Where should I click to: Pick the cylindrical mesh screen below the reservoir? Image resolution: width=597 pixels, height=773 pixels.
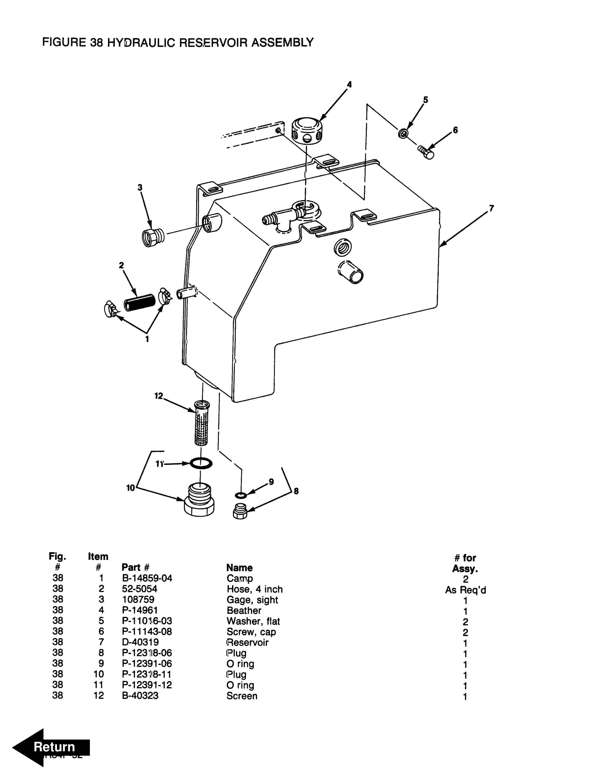[x=202, y=423]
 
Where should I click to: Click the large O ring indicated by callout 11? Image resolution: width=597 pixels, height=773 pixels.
[x=201, y=463]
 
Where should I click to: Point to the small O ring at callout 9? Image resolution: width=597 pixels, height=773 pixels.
[x=241, y=495]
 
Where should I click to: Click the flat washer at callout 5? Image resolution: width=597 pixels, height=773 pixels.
[x=403, y=134]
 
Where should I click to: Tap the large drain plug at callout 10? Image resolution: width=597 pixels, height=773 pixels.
[x=199, y=500]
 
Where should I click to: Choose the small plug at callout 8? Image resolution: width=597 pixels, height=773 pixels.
[x=240, y=511]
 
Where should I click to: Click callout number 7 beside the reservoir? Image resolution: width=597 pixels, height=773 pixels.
[x=491, y=208]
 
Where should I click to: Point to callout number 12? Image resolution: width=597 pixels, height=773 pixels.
[x=159, y=396]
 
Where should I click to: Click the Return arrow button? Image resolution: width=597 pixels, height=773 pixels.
[x=51, y=747]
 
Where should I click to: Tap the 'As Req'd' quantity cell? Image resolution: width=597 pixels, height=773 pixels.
[x=466, y=590]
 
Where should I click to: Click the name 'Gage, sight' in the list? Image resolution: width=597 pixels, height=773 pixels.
[x=252, y=600]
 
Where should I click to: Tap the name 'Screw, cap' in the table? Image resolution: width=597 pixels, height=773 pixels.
[x=251, y=632]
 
